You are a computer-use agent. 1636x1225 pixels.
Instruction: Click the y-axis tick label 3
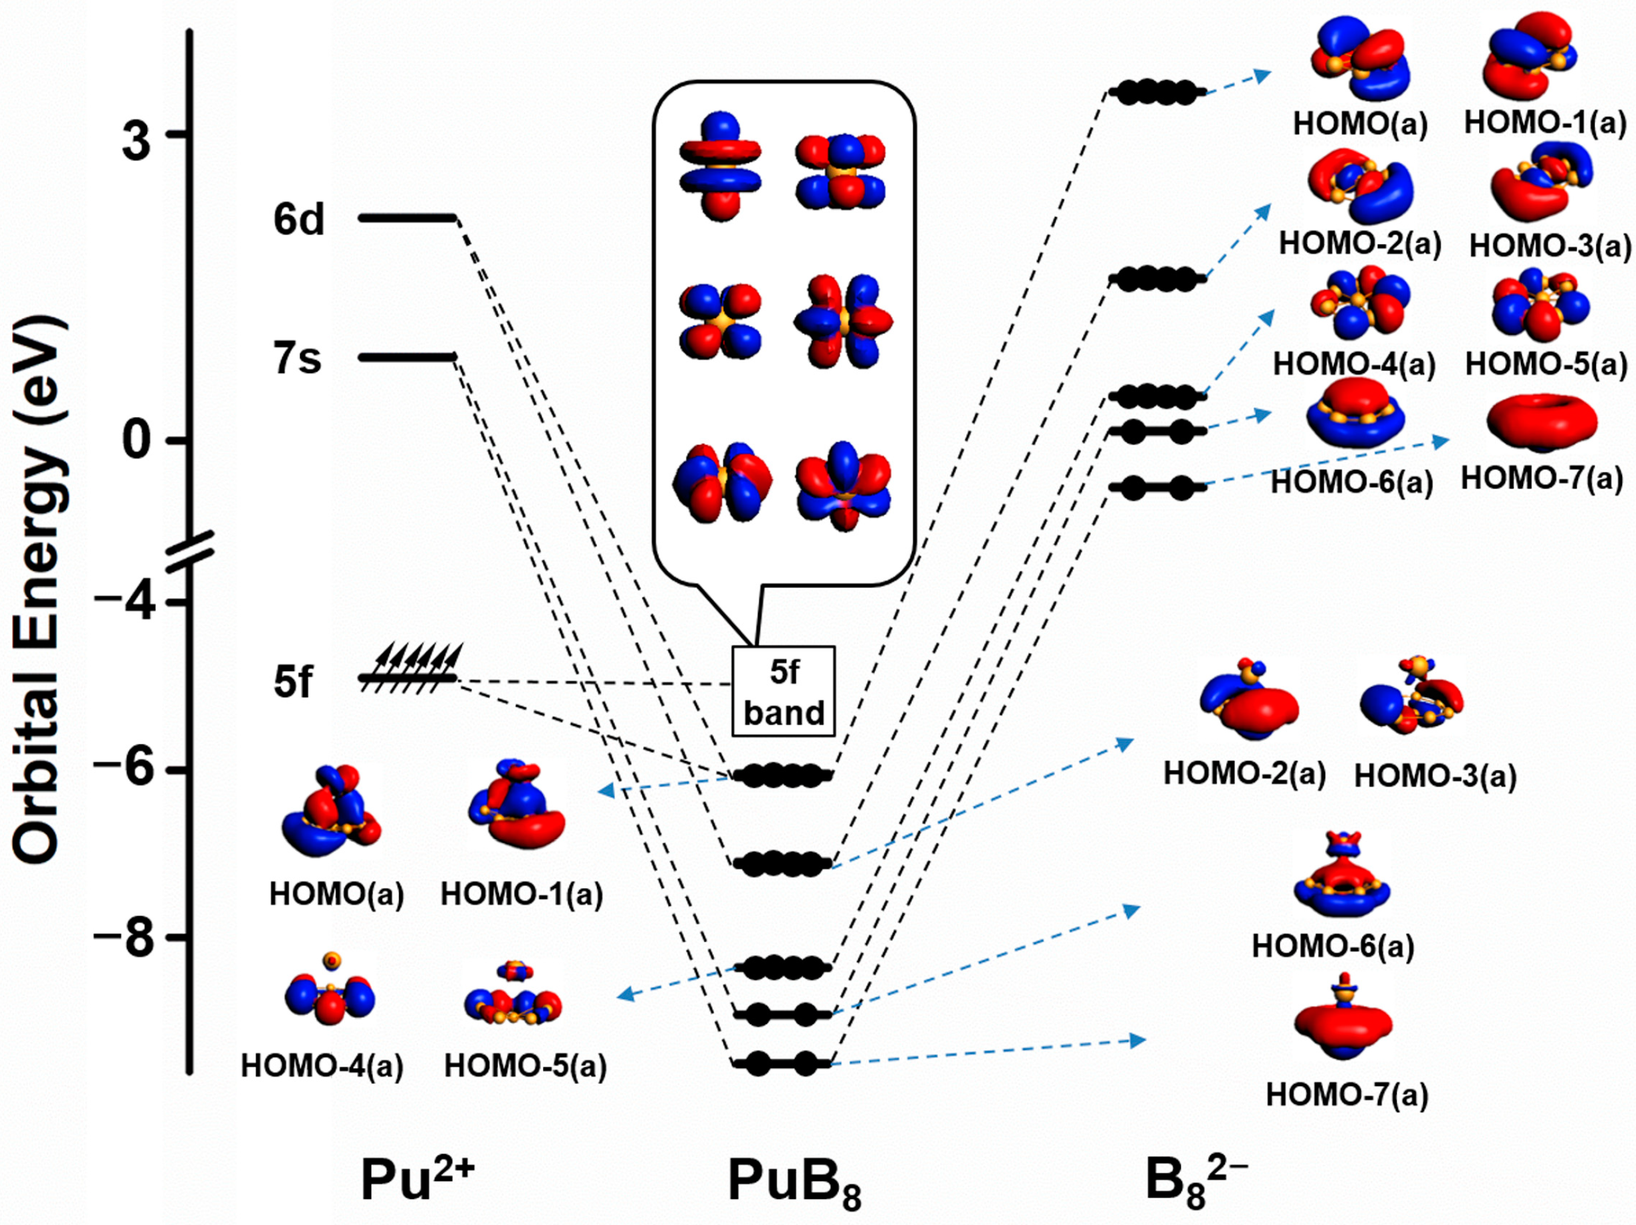pyautogui.click(x=136, y=140)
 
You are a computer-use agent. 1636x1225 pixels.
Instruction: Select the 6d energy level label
pyautogui.click(x=299, y=220)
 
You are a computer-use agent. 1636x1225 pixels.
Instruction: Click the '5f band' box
pyautogui.click(x=784, y=691)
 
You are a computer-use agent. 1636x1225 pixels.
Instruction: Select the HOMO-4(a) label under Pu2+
pyautogui.click(x=322, y=1066)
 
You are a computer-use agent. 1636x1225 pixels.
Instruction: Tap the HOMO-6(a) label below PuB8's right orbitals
pyautogui.click(x=1332, y=946)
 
